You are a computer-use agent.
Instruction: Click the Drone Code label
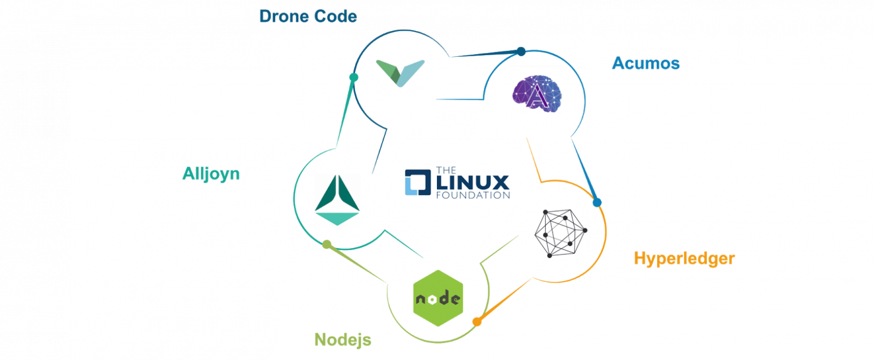[308, 16]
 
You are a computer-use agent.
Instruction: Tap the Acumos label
[645, 63]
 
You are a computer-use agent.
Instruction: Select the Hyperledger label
[684, 259]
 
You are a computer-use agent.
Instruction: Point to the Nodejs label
[343, 339]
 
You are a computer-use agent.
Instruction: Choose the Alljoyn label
[211, 174]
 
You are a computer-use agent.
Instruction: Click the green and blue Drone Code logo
[401, 74]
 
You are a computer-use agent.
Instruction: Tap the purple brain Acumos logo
[537, 90]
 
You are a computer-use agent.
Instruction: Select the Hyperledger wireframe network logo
[560, 233]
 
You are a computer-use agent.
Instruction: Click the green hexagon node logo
[438, 298]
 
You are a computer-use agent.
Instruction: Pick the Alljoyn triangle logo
[337, 201]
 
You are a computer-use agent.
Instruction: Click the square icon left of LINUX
[417, 182]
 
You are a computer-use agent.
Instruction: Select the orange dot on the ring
[477, 322]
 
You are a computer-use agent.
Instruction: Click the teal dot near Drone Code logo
[353, 77]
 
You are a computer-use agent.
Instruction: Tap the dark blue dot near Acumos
[521, 51]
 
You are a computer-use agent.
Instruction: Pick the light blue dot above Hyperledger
[597, 202]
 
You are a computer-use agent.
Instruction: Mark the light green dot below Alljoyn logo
[327, 244]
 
